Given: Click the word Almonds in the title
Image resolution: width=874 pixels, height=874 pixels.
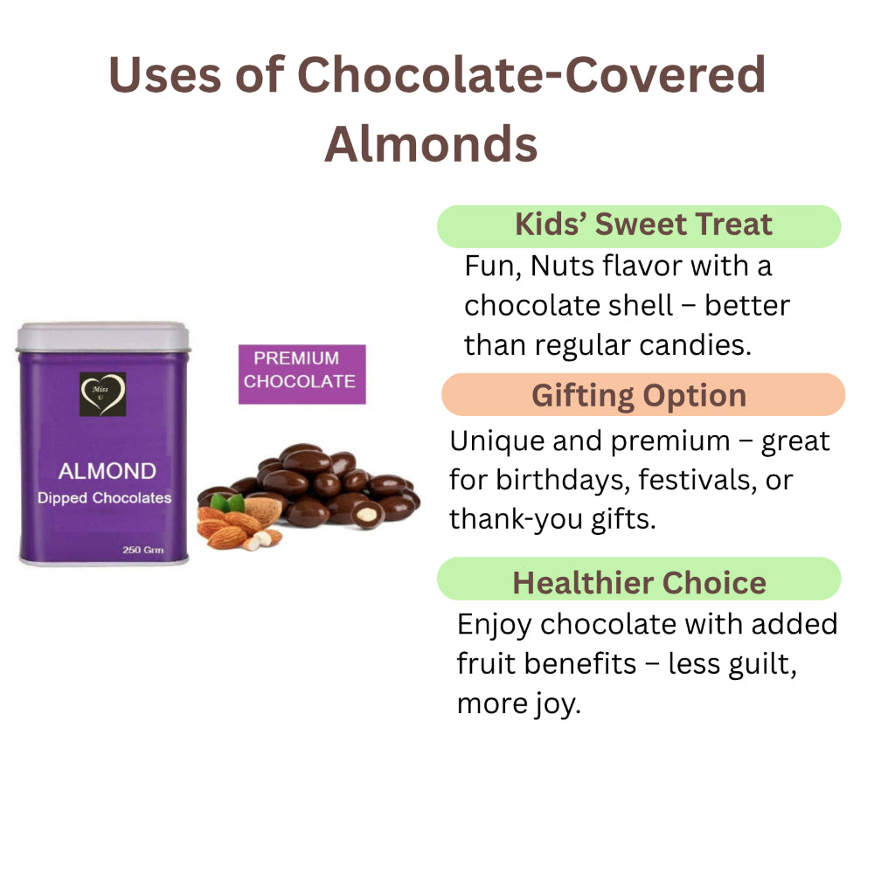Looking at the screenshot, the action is coord(431,144).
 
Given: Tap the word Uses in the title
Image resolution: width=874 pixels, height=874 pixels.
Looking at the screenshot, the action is coord(165,74).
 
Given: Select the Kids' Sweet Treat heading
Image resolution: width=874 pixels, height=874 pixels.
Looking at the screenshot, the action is coord(643,224).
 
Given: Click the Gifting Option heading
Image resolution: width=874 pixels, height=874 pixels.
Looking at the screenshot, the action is coord(639,396).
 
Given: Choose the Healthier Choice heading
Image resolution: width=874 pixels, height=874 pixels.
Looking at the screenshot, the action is coord(640,582).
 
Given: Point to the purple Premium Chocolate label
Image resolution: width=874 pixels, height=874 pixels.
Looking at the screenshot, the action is coord(302,374).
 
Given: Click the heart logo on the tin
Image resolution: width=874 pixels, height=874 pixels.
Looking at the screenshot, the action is coord(102,394).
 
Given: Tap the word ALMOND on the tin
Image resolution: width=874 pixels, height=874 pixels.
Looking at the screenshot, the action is coord(107,471).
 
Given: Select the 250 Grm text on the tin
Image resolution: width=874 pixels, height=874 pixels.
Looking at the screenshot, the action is coord(143,550).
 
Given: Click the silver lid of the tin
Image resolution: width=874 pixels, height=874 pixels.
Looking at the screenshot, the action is coord(103,336).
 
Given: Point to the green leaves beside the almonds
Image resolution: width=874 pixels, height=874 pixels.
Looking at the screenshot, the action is coord(228,503).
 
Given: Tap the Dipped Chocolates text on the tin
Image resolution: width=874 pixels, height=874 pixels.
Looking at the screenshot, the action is coord(104,498).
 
